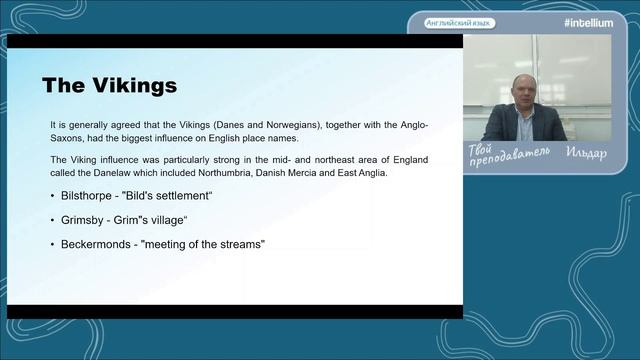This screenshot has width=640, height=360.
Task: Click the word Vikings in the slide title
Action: pyautogui.click(x=135, y=86)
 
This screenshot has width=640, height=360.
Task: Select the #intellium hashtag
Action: pyautogui.click(x=588, y=23)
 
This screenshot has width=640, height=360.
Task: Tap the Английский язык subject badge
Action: pyautogui.click(x=459, y=23)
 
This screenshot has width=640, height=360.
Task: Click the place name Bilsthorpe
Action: pyautogui.click(x=86, y=196)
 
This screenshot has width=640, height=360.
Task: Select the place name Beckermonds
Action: pyautogui.click(x=96, y=244)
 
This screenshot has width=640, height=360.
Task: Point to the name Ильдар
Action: pyautogui.click(x=586, y=153)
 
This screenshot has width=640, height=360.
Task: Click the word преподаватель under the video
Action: pyautogui.click(x=510, y=157)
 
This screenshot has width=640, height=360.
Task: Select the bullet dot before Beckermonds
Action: pyautogui.click(x=52, y=244)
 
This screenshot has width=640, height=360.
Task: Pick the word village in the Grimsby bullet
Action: pyautogui.click(x=167, y=220)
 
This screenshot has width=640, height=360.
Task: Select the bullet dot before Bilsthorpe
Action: pyautogui.click(x=52, y=196)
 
